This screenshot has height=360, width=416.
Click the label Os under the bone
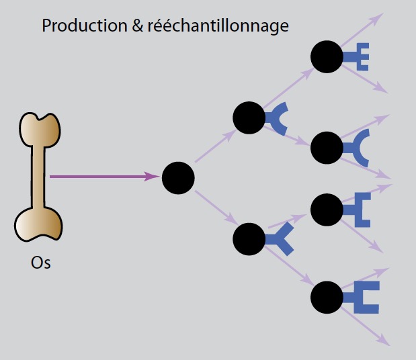point(41,262)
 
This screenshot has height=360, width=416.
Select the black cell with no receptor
point(178,177)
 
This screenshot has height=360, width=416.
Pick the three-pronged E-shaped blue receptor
point(358,58)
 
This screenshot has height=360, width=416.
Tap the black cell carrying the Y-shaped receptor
point(249,238)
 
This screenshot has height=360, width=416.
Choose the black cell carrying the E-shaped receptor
point(327,58)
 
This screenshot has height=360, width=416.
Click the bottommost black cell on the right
point(327,296)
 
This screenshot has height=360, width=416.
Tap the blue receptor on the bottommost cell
point(362,296)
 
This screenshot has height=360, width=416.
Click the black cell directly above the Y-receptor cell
point(249,118)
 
